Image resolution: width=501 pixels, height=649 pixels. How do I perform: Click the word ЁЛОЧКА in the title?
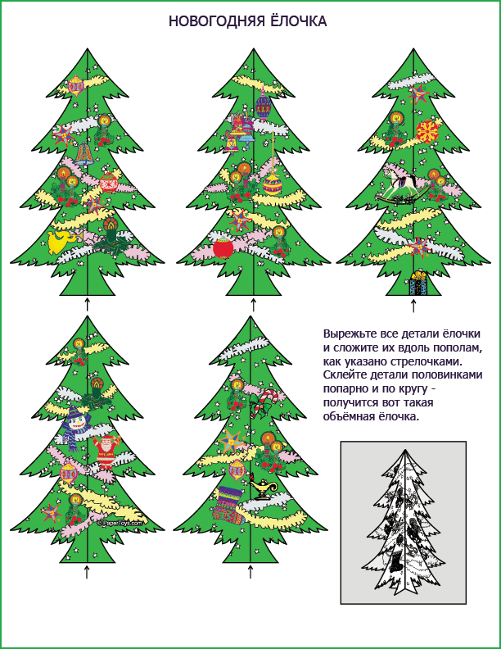click(x=299, y=20)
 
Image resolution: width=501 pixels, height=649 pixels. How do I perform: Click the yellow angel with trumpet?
click(x=63, y=242)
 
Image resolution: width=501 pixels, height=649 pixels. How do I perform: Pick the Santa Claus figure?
click(x=106, y=452)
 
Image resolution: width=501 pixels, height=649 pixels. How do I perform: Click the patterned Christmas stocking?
click(x=228, y=506)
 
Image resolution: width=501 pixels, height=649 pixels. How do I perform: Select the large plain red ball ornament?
click(x=223, y=248)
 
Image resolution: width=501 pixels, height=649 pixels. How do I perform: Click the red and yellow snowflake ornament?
click(x=427, y=131)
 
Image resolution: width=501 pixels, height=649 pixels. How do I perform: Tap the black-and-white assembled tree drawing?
click(x=404, y=522)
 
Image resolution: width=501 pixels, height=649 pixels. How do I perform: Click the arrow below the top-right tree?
click(x=413, y=306)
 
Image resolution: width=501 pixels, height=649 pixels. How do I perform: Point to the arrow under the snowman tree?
click(x=87, y=572)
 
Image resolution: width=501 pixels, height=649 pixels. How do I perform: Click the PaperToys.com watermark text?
click(x=120, y=523)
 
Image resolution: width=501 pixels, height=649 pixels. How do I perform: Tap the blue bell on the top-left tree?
click(x=85, y=154)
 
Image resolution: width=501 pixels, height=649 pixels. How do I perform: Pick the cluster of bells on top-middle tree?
click(x=239, y=132)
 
